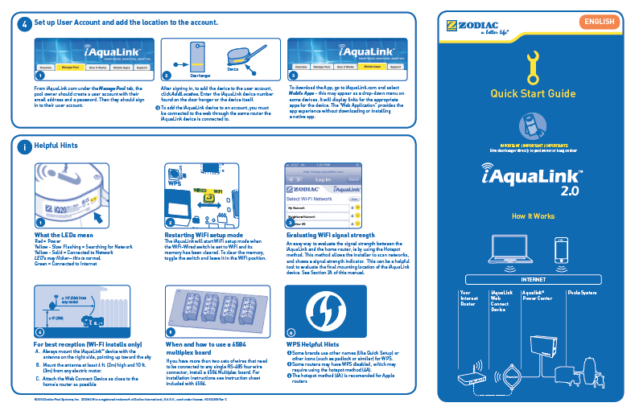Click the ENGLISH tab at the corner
600,21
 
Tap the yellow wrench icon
532,68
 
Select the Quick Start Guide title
533,94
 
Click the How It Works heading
533,216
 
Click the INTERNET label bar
533,280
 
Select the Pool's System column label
583,293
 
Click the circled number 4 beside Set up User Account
25,24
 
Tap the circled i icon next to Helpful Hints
25,146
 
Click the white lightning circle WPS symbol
326,310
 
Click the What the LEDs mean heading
65,235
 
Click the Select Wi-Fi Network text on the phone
311,198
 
